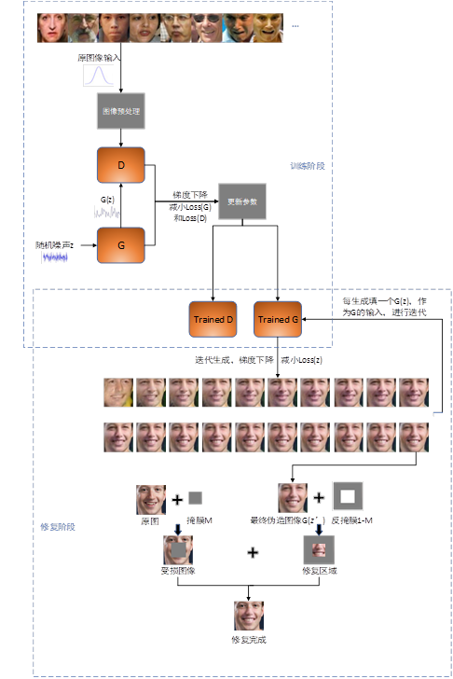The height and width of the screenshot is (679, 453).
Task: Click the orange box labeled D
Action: point(120,166)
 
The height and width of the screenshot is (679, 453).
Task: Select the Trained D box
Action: point(215,319)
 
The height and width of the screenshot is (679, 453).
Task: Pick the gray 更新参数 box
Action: point(242,201)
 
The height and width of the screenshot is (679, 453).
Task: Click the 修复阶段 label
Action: point(59,527)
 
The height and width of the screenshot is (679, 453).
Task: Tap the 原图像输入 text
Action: point(99,58)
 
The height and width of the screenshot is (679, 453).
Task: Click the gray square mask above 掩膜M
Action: point(195,498)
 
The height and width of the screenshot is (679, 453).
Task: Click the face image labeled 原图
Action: point(150,499)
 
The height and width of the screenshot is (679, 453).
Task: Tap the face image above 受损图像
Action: point(178,550)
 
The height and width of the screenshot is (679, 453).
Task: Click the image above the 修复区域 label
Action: point(317,550)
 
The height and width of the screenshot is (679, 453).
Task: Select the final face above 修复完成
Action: point(248,616)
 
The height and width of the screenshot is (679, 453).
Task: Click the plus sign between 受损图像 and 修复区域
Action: point(252,552)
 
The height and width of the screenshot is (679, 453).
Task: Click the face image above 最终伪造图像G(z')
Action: point(293,498)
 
